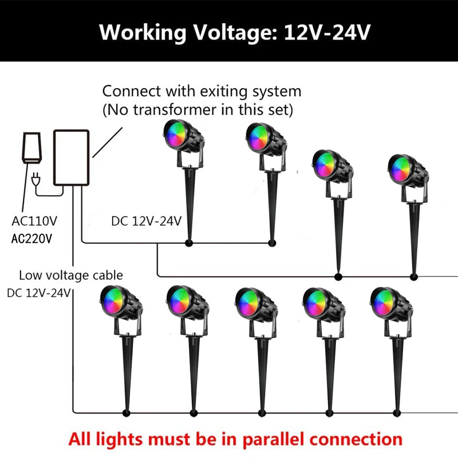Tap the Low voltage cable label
[x=71, y=275]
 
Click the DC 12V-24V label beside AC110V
[x=147, y=220]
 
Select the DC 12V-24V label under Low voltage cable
[x=38, y=293]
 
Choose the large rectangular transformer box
[x=72, y=157]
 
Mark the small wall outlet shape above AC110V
[x=31, y=147]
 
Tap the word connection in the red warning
[x=361, y=439]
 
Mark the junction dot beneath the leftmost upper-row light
[x=189, y=243]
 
